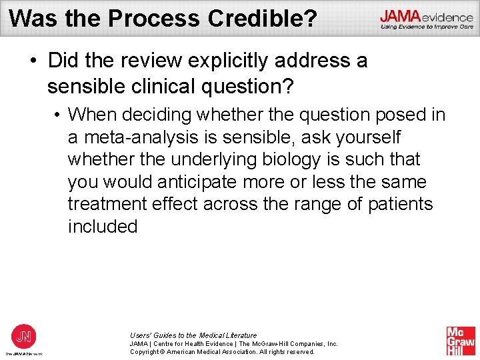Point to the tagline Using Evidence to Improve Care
click(427, 27)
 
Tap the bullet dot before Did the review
click(33, 61)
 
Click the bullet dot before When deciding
click(59, 115)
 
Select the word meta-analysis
click(139, 137)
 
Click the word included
click(102, 227)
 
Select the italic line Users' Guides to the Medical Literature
click(193, 335)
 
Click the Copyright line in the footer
click(222, 351)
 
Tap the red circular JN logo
click(23, 335)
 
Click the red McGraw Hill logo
click(461, 341)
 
